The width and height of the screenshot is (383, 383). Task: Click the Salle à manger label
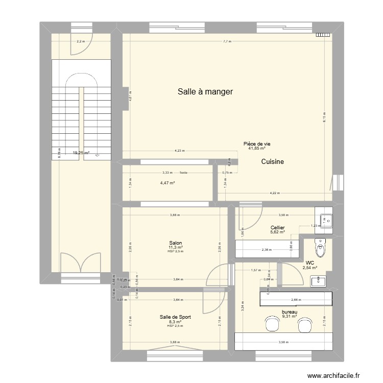pyautogui.click(x=205, y=92)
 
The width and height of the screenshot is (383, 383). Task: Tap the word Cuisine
pyautogui.click(x=272, y=161)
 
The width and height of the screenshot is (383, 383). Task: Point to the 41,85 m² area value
pyautogui.click(x=256, y=149)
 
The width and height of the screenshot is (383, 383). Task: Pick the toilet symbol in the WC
pyautogui.click(x=320, y=249)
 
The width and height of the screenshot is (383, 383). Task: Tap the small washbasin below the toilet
pyautogui.click(x=318, y=280)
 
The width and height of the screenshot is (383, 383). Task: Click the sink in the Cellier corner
pyautogui.click(x=324, y=219)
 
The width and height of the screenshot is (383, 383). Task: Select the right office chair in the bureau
pyautogui.click(x=305, y=324)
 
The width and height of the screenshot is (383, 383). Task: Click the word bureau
pyautogui.click(x=289, y=312)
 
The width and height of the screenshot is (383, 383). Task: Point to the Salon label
pyautogui.click(x=176, y=243)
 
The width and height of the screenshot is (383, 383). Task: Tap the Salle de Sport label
pyautogui.click(x=175, y=317)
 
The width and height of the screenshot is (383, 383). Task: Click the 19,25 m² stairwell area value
pyautogui.click(x=81, y=152)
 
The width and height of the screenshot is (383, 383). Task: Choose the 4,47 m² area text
pyautogui.click(x=167, y=183)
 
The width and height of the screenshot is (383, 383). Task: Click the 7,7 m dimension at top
pyautogui.click(x=227, y=41)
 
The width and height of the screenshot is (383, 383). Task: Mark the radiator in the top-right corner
pyautogui.click(x=323, y=35)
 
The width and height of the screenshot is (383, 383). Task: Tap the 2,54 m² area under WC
pyautogui.click(x=309, y=267)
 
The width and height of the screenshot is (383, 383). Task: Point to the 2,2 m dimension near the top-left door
pyautogui.click(x=80, y=41)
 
